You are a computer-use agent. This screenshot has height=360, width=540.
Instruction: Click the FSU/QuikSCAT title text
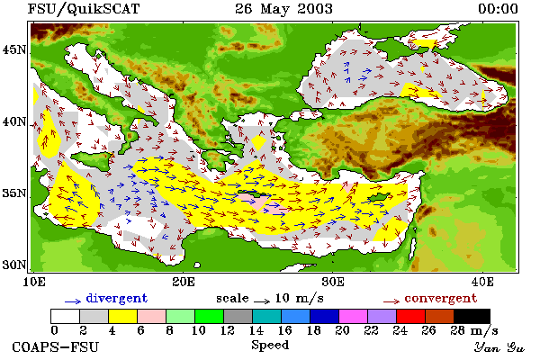click(84, 9)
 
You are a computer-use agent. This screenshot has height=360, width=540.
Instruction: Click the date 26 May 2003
click(283, 9)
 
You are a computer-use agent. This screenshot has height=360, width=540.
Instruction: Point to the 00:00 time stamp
click(498, 9)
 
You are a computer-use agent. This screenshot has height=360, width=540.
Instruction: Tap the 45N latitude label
click(14, 50)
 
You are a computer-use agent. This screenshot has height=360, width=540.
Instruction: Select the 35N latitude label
click(14, 193)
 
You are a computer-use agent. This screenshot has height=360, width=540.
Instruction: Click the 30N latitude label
click(14, 265)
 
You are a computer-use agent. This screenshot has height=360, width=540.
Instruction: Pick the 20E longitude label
click(184, 282)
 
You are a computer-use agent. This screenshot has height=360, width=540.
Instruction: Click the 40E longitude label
click(482, 282)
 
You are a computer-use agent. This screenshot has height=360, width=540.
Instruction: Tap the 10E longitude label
click(34, 282)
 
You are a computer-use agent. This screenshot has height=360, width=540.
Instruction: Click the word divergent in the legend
click(117, 298)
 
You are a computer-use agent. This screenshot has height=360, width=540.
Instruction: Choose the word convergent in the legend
click(440, 298)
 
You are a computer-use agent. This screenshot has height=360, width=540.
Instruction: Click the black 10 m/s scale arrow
click(262, 301)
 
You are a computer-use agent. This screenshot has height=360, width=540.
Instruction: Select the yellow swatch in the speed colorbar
click(122, 316)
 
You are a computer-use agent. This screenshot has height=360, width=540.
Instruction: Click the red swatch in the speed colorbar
click(411, 316)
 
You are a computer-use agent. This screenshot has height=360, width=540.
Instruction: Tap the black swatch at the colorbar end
click(472, 316)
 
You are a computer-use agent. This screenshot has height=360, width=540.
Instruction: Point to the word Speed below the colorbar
click(270, 346)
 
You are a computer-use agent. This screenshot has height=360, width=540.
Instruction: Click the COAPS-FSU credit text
click(56, 347)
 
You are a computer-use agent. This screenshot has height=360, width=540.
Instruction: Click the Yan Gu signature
click(499, 347)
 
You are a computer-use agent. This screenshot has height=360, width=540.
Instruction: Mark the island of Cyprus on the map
click(378, 197)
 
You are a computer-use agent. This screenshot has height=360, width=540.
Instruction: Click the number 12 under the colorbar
click(228, 330)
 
